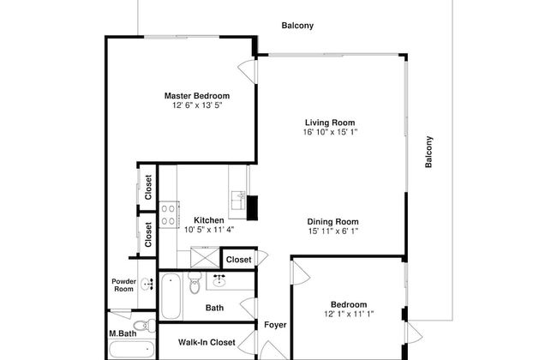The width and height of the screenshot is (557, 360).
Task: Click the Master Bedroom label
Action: [197, 95]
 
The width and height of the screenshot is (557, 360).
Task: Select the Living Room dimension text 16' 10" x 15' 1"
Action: [329, 133]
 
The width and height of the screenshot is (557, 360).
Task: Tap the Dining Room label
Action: [332, 221]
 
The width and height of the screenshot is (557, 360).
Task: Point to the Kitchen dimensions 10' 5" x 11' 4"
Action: [208, 230]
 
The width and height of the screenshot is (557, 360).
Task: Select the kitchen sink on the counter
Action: [237, 200]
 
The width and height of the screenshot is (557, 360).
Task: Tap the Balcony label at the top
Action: [297, 26]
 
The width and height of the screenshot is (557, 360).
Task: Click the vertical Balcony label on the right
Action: [429, 152]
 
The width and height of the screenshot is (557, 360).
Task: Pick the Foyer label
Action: [274, 325]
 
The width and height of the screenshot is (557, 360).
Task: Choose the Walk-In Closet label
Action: [207, 342]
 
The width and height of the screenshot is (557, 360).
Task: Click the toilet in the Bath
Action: [195, 283]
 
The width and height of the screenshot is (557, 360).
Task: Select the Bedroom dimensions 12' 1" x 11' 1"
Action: [349, 315]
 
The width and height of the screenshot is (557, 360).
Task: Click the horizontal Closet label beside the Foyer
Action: [238, 259]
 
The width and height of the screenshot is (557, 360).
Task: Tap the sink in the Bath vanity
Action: [219, 279]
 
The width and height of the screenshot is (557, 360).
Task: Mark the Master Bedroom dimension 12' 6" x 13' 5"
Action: [197, 105]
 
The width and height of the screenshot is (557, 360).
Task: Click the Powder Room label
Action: [123, 285]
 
